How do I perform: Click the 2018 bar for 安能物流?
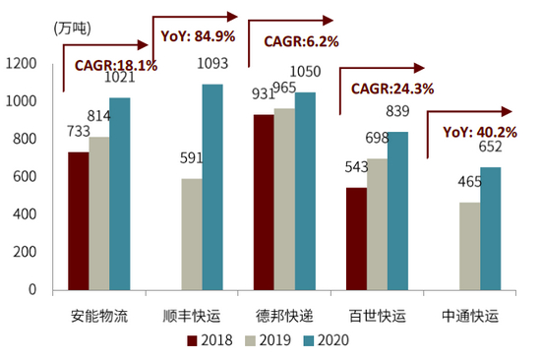(78, 220)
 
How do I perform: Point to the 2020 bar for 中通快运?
(490, 228)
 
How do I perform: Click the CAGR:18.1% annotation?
(117, 66)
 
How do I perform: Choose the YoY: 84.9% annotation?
(197, 37)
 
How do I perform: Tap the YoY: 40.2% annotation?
(479, 131)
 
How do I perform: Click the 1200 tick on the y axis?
(21, 64)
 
